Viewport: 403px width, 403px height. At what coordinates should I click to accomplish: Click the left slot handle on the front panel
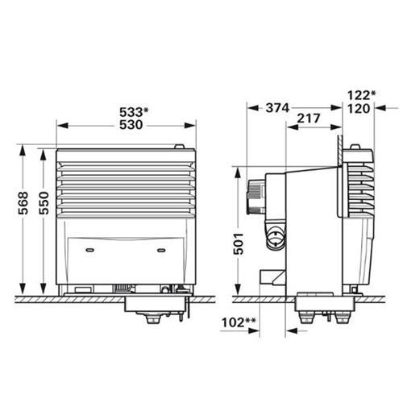tap(92, 250)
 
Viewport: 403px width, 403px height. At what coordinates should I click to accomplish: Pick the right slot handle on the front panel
tap(162, 250)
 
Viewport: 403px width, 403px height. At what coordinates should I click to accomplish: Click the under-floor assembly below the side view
tap(322, 311)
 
